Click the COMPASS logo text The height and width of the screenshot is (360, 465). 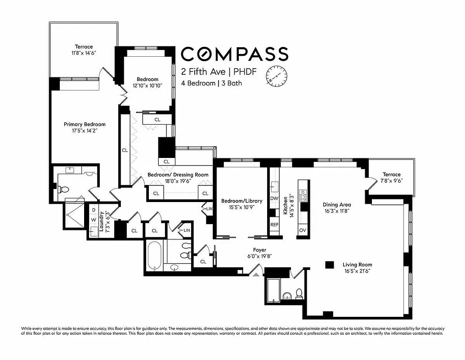tap(234, 54)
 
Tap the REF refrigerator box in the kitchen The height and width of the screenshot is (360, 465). tap(274, 224)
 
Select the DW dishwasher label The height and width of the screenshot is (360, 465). tap(274, 198)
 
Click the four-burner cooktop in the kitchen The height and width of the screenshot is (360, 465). tap(303, 195)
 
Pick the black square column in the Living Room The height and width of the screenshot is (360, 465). tap(330, 265)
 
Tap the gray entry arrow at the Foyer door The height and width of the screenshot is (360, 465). tap(255, 271)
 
